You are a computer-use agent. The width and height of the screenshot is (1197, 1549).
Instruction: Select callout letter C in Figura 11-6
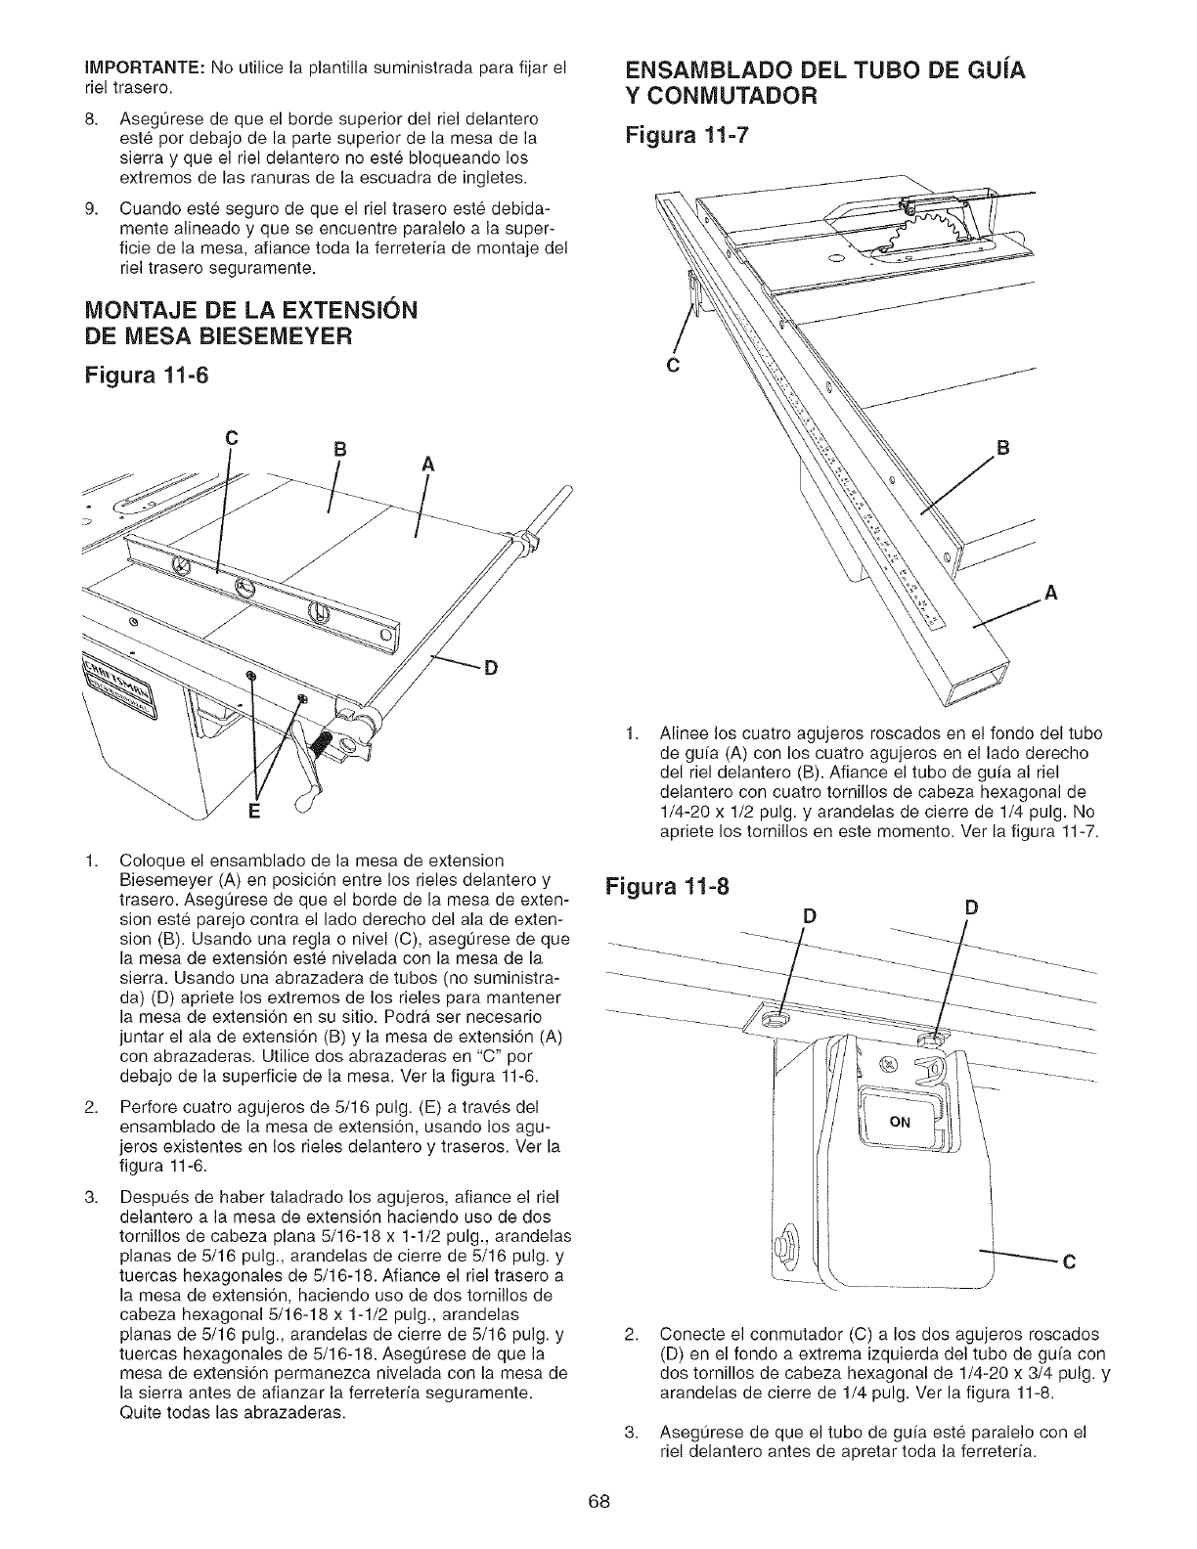[x=231, y=439]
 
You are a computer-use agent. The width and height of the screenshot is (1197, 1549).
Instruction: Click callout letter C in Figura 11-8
[x=1070, y=1261]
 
